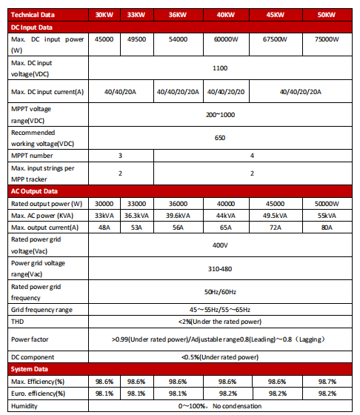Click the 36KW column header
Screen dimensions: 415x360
pos(179,15)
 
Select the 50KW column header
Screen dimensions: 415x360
pos(327,15)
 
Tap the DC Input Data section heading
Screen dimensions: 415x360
pos(32,27)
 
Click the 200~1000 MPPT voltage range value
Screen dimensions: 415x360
pos(220,115)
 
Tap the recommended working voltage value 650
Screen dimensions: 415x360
pos(220,138)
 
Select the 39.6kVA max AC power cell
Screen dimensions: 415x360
pos(179,215)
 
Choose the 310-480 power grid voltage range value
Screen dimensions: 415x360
pos(220,268)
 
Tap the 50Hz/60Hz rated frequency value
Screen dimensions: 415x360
pos(220,291)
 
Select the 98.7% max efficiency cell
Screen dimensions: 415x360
pos(327,380)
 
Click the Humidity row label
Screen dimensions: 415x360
pos(25,406)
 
